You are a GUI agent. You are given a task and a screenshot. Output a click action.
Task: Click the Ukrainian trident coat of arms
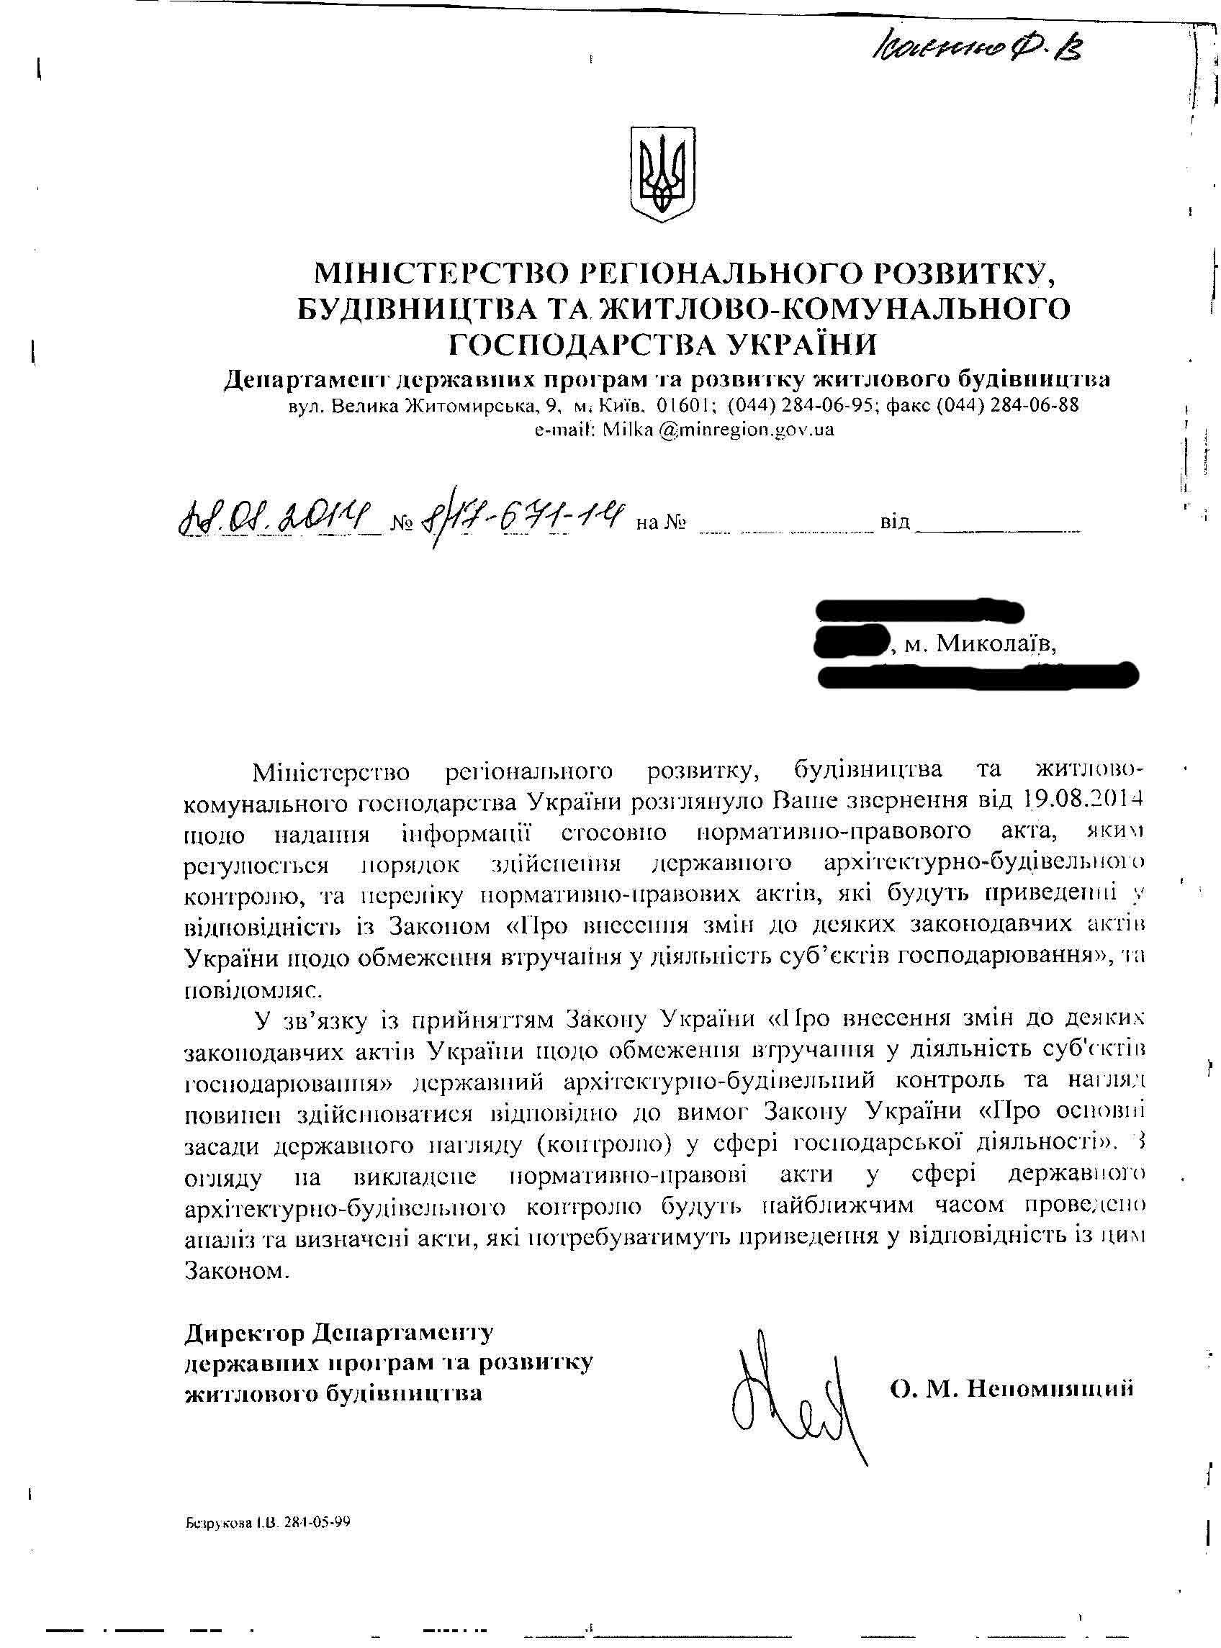tap(663, 173)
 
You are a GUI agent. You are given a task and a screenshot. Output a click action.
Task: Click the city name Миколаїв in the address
tap(996, 645)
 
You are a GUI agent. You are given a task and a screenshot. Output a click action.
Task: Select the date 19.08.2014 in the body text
tap(1083, 800)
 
